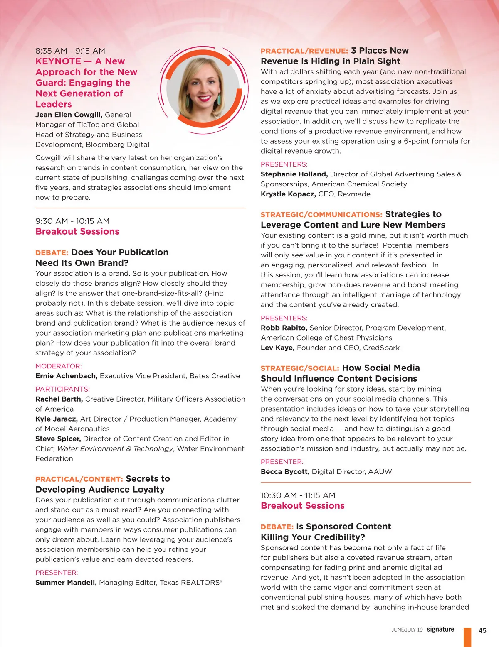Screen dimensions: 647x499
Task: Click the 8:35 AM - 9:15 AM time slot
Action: pos(70,51)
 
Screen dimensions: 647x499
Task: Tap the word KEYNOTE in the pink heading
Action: pos(58,61)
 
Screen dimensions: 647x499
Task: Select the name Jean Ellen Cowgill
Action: pos(69,115)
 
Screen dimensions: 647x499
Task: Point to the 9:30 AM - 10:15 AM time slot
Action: pos(72,221)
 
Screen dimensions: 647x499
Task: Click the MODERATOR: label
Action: pos(59,366)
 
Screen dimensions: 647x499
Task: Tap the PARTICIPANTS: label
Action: pos(62,390)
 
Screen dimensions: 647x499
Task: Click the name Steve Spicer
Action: pos(58,439)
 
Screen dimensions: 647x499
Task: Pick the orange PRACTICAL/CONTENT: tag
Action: pos(79,479)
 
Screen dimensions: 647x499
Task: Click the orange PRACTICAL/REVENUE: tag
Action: pos(304,51)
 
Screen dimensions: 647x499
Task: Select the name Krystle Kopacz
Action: pos(288,194)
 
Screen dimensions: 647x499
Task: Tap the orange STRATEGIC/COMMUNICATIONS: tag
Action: pos(321,215)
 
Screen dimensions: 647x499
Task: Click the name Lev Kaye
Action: pos(277,348)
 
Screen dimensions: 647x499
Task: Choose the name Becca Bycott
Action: pos(285,472)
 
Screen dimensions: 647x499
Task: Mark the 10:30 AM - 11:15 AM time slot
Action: pos(298,495)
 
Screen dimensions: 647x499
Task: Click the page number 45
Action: pos(482,630)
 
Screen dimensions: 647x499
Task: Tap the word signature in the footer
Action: pos(440,630)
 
